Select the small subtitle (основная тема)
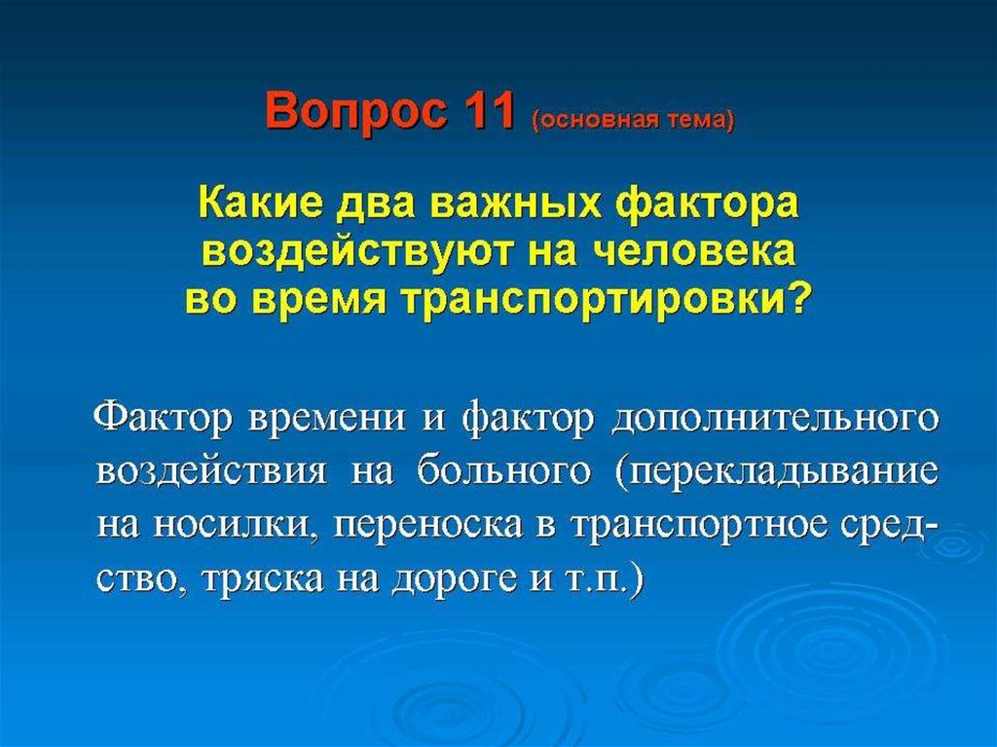click(631, 120)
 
